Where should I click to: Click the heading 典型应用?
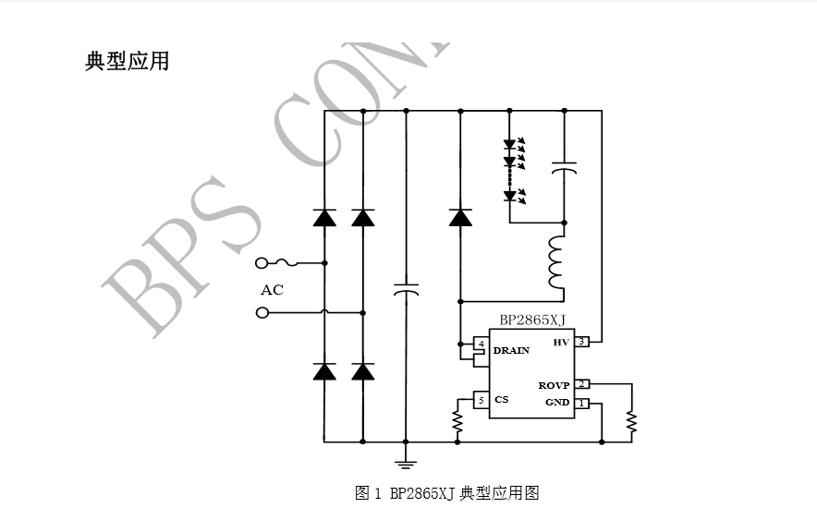pos(127,62)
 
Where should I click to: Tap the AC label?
pos(272,290)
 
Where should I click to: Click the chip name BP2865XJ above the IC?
pos(532,320)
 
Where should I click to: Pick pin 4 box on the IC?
pos(481,344)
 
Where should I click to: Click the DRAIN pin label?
pos(511,351)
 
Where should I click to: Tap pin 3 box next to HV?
pos(581,342)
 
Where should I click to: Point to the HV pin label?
pos(560,343)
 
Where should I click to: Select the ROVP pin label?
pos(555,385)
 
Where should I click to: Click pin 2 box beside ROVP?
pos(581,384)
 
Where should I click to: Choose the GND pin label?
pos(557,403)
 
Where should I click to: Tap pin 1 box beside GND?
pos(581,403)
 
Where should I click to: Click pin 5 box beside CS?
pos(481,400)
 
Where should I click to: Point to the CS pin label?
pos(501,400)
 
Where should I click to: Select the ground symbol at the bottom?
pos(405,462)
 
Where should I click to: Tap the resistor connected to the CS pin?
pos(457,421)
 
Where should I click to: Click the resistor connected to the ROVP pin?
pos(631,421)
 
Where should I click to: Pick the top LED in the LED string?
pos(509,144)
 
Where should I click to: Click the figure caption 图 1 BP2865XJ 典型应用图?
pos(446,493)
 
